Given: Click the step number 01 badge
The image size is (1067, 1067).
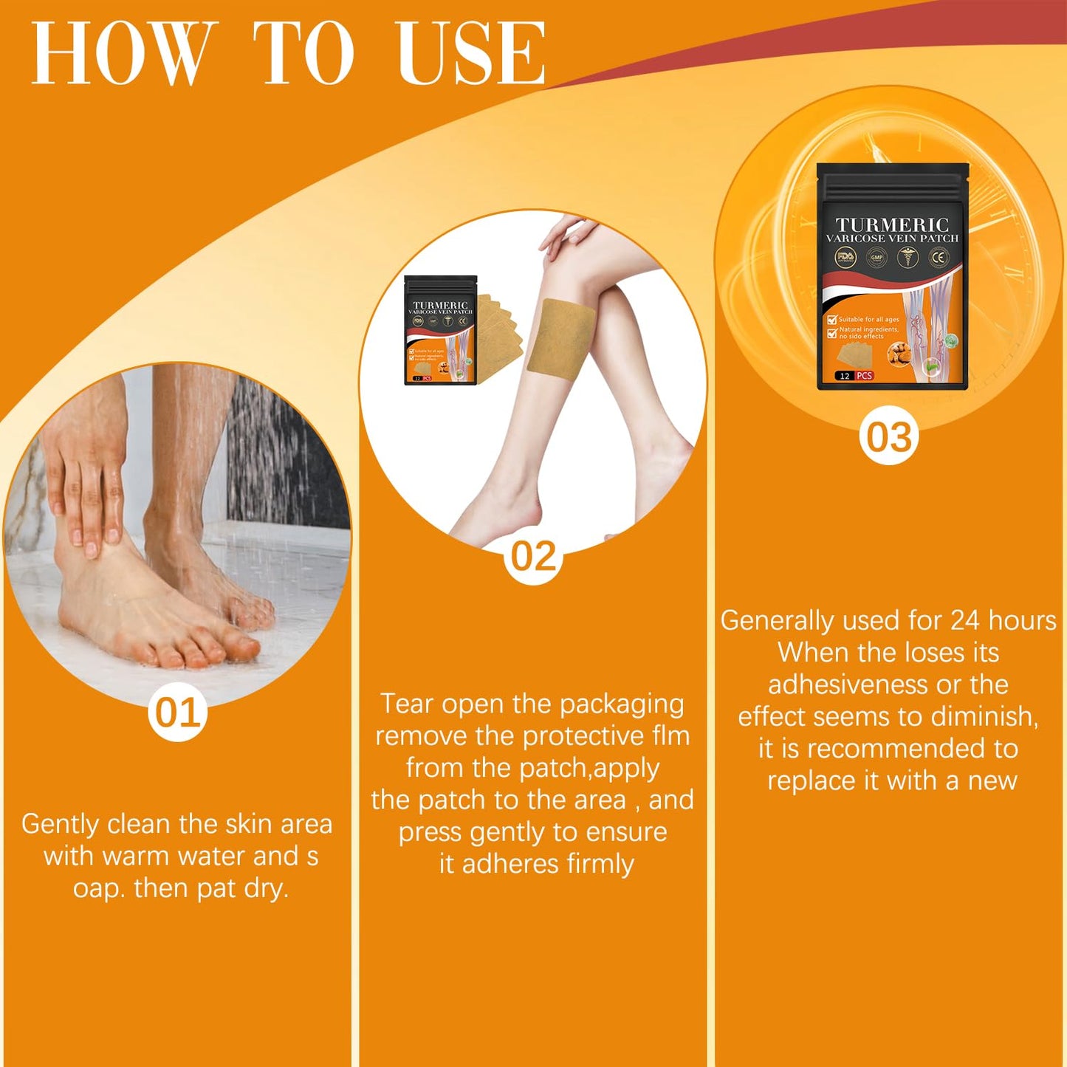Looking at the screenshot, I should point(177,713).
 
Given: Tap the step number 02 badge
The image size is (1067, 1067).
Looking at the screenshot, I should point(533,556).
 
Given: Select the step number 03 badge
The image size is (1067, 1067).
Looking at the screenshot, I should point(888,436).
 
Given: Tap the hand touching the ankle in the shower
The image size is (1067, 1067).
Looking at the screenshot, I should point(85,487).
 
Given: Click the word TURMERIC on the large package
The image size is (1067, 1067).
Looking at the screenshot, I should point(891,224).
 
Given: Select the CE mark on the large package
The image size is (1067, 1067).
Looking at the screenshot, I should point(939,258).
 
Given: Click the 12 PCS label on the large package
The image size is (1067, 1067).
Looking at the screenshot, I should point(855,376).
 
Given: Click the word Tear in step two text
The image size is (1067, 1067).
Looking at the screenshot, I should point(406,704).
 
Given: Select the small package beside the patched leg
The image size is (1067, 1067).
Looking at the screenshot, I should point(441,330).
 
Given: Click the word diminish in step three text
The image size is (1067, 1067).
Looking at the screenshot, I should point(994,717).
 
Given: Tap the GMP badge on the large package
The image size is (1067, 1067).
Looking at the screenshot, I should point(876,258).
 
